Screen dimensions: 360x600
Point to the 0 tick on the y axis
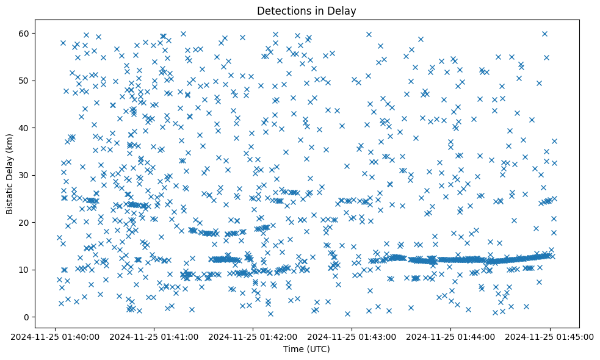[26, 317]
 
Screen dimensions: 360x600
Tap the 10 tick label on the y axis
[24, 270]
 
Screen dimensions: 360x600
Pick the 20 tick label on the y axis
[24, 222]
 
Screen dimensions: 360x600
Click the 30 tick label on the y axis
[24, 175]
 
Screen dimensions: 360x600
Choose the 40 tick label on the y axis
[24, 128]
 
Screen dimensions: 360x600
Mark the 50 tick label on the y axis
[24, 81]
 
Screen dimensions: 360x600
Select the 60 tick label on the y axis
[24, 33]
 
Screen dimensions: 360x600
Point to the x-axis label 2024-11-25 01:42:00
[253, 336]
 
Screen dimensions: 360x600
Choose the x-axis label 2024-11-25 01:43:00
[352, 336]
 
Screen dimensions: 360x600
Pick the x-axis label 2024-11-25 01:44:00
[452, 336]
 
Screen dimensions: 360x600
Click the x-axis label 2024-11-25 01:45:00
[551, 336]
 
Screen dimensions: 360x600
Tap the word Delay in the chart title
[344, 10]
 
